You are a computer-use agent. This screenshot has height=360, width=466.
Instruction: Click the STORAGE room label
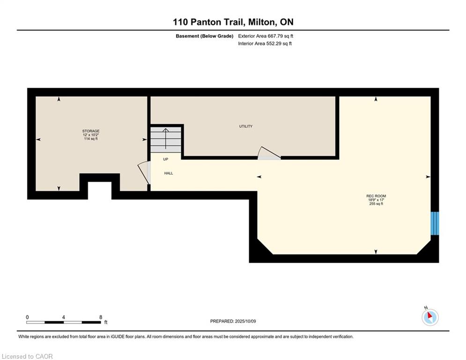point(91,131)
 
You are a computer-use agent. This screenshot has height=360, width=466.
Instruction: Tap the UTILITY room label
point(246,127)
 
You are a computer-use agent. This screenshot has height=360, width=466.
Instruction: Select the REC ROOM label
point(376,196)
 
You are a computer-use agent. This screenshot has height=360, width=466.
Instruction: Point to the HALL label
point(169,173)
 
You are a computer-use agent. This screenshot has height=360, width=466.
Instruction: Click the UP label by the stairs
point(165,159)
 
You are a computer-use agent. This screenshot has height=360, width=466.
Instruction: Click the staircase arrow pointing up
point(165,139)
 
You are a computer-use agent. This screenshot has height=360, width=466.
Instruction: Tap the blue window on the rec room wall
point(435,223)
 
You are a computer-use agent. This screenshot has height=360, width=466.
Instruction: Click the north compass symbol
point(430,317)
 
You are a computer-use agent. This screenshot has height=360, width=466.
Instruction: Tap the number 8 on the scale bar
point(101,317)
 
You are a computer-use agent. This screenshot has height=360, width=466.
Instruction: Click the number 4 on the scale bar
point(64,317)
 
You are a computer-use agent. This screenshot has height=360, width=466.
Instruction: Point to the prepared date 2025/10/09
point(245,321)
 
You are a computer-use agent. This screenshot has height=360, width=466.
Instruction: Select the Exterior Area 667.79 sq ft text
point(266,36)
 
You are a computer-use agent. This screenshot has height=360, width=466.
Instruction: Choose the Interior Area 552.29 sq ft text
point(265,44)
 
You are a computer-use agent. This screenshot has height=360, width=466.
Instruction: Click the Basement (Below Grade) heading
point(205,36)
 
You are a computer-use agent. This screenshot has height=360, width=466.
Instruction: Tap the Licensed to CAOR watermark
point(27,356)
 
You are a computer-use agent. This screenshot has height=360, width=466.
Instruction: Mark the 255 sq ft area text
point(376,204)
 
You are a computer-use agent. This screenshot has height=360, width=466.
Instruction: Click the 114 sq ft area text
point(91,139)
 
